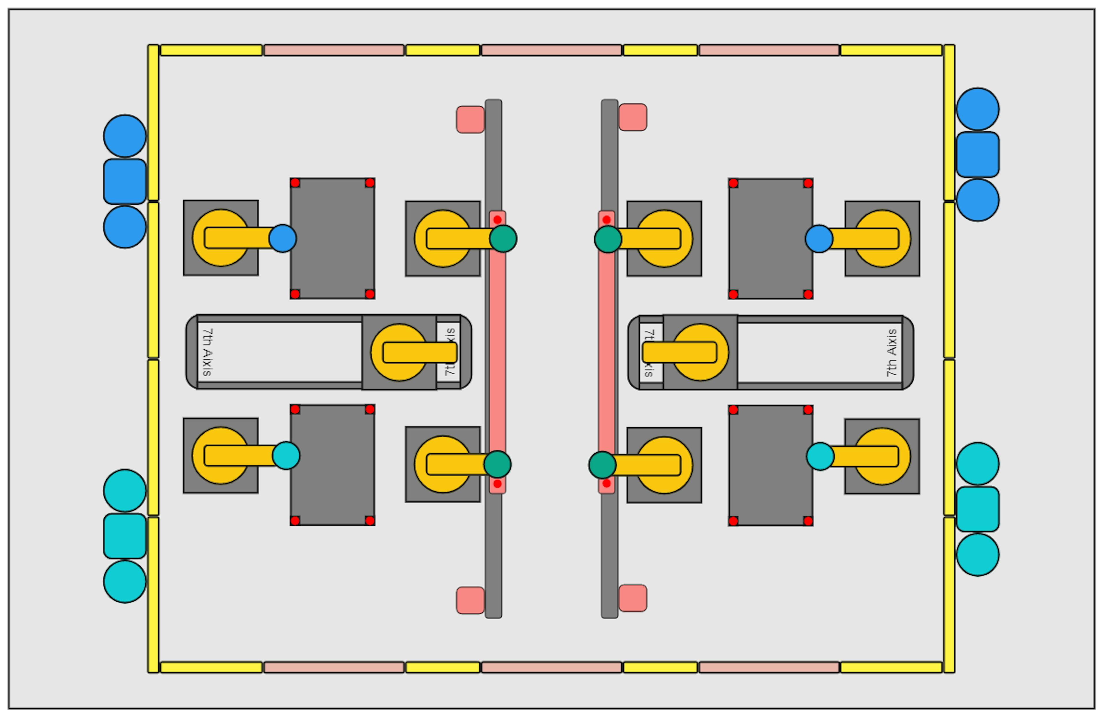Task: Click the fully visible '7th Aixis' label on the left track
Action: coord(208,352)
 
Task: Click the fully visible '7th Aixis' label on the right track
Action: coord(891,352)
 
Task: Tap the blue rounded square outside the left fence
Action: coord(125,181)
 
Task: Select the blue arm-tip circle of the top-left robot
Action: coord(282,239)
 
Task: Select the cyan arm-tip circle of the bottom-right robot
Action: coord(820,456)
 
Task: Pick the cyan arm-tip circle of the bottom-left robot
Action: coord(286,455)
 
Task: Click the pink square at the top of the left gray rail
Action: coord(470,120)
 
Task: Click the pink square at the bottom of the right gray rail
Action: coord(632,598)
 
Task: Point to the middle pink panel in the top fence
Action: coord(551,50)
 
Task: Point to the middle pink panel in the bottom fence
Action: coord(551,667)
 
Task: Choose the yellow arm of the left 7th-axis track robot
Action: coord(419,352)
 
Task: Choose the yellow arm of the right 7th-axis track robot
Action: coord(679,352)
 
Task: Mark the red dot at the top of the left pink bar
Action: coord(497,220)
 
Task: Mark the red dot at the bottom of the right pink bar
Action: coord(607,483)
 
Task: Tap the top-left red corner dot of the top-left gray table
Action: coord(295,183)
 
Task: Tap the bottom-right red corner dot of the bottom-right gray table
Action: coord(808,521)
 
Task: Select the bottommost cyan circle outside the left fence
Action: coord(125,582)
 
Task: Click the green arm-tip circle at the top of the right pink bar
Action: coord(608,239)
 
